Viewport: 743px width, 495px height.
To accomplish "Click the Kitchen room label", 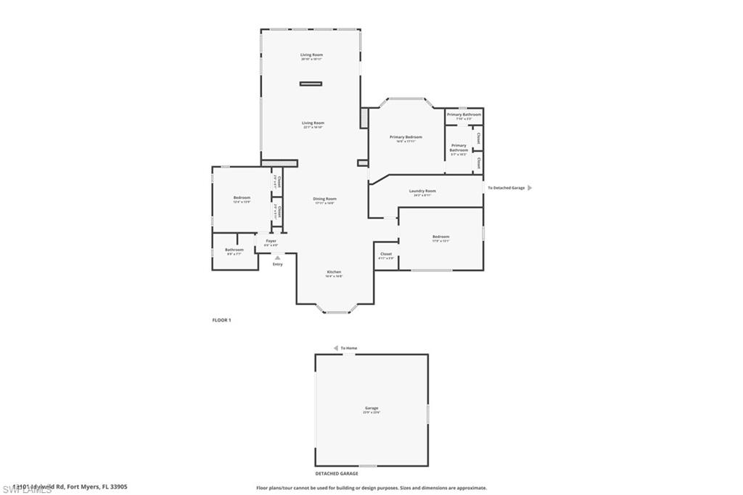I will click(x=334, y=272).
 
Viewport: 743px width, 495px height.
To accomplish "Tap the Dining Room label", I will click(x=324, y=199).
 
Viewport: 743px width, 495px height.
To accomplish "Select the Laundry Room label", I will click(x=422, y=191).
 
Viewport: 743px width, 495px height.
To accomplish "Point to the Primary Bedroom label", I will click(x=406, y=137).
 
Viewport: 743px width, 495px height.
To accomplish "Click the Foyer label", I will click(x=271, y=241).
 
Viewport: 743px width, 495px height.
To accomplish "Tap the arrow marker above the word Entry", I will click(x=277, y=257).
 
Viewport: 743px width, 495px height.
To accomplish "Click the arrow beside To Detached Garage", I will click(x=530, y=188).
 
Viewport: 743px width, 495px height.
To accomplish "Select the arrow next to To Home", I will click(x=335, y=348).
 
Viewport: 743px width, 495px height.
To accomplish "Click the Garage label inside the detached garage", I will click(x=371, y=408).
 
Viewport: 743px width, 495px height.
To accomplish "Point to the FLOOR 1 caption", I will click(x=221, y=320).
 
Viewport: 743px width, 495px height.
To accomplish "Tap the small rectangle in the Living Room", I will click(x=311, y=84).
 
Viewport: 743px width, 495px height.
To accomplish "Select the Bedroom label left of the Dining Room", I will click(x=242, y=198).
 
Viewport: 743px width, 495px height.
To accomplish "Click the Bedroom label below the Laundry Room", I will click(x=440, y=237).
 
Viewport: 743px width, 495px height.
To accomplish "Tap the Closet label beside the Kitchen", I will click(x=386, y=254).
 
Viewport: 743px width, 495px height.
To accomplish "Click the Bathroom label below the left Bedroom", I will click(x=234, y=250).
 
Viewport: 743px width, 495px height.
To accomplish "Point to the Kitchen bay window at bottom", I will click(x=337, y=311).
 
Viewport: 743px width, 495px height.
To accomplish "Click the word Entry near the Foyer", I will click(x=277, y=264).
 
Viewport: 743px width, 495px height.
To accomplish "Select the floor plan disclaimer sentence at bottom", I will click(x=371, y=488).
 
